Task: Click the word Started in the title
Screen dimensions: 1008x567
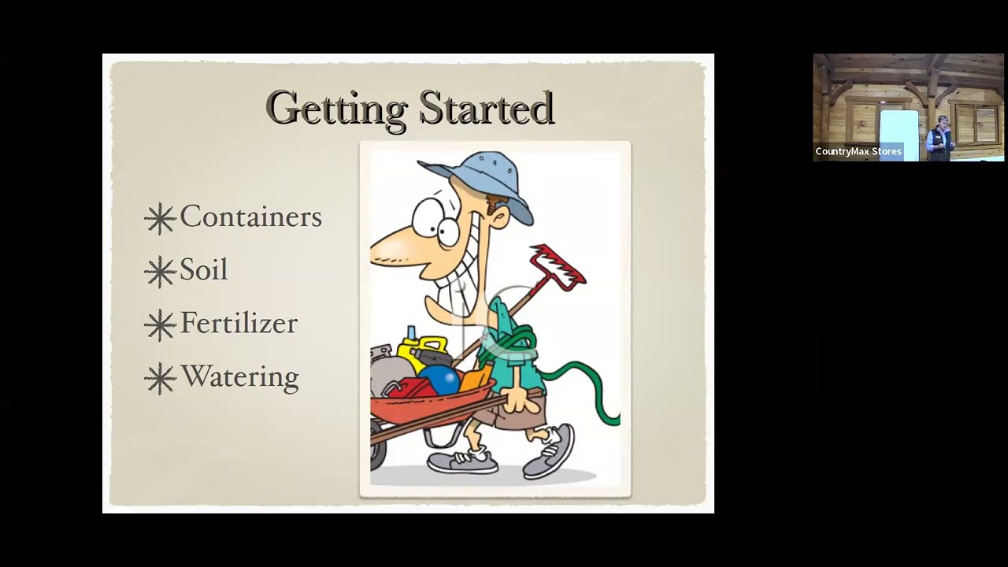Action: coord(487,108)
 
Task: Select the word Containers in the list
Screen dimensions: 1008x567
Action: coord(251,217)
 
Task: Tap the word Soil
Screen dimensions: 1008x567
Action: coord(204,269)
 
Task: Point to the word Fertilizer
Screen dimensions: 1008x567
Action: coord(239,323)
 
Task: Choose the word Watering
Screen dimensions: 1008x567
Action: coord(240,377)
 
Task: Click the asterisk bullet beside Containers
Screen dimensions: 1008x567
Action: coord(160,219)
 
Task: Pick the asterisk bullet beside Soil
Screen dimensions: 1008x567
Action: coord(160,272)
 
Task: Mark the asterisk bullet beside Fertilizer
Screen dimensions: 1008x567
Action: coord(160,325)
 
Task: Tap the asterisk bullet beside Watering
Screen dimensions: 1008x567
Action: coord(160,379)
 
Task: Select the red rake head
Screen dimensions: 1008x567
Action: coord(558,267)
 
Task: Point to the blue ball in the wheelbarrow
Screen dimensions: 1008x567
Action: coord(439,379)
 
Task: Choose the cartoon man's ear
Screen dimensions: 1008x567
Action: coord(501,220)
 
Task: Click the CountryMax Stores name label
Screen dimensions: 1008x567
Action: coord(858,152)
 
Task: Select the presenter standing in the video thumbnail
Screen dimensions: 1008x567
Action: coord(939,138)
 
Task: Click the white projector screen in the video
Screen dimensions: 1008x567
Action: coord(899,134)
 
